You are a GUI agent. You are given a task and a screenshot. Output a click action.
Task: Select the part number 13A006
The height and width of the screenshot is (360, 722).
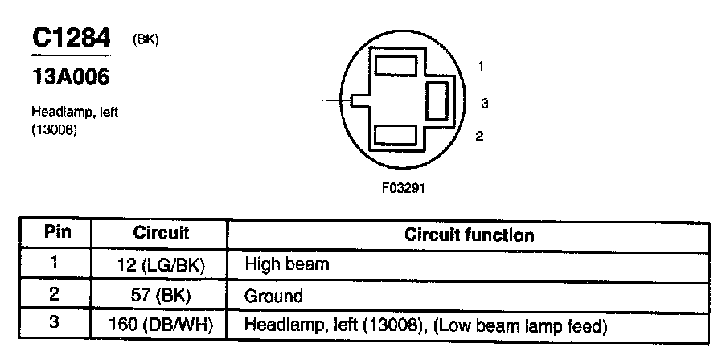[69, 78]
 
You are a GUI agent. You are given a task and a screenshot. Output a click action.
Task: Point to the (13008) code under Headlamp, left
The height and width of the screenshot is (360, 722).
[54, 127]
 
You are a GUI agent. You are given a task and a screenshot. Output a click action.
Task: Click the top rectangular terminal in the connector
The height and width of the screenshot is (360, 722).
[396, 65]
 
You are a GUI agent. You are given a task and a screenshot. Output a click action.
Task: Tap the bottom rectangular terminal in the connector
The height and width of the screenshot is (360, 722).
[396, 135]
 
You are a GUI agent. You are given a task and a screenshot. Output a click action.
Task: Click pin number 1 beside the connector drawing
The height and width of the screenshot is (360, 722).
[480, 67]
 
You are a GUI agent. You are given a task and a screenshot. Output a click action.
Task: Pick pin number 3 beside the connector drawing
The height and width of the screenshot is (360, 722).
[485, 103]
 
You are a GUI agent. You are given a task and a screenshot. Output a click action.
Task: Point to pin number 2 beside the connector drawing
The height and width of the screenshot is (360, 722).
[479, 136]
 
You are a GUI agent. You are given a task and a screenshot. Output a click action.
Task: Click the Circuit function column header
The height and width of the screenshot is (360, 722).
[469, 235]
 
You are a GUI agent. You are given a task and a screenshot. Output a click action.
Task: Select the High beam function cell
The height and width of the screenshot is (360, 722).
[287, 264]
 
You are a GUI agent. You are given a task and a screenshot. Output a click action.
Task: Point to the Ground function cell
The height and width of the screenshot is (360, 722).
[273, 296]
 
